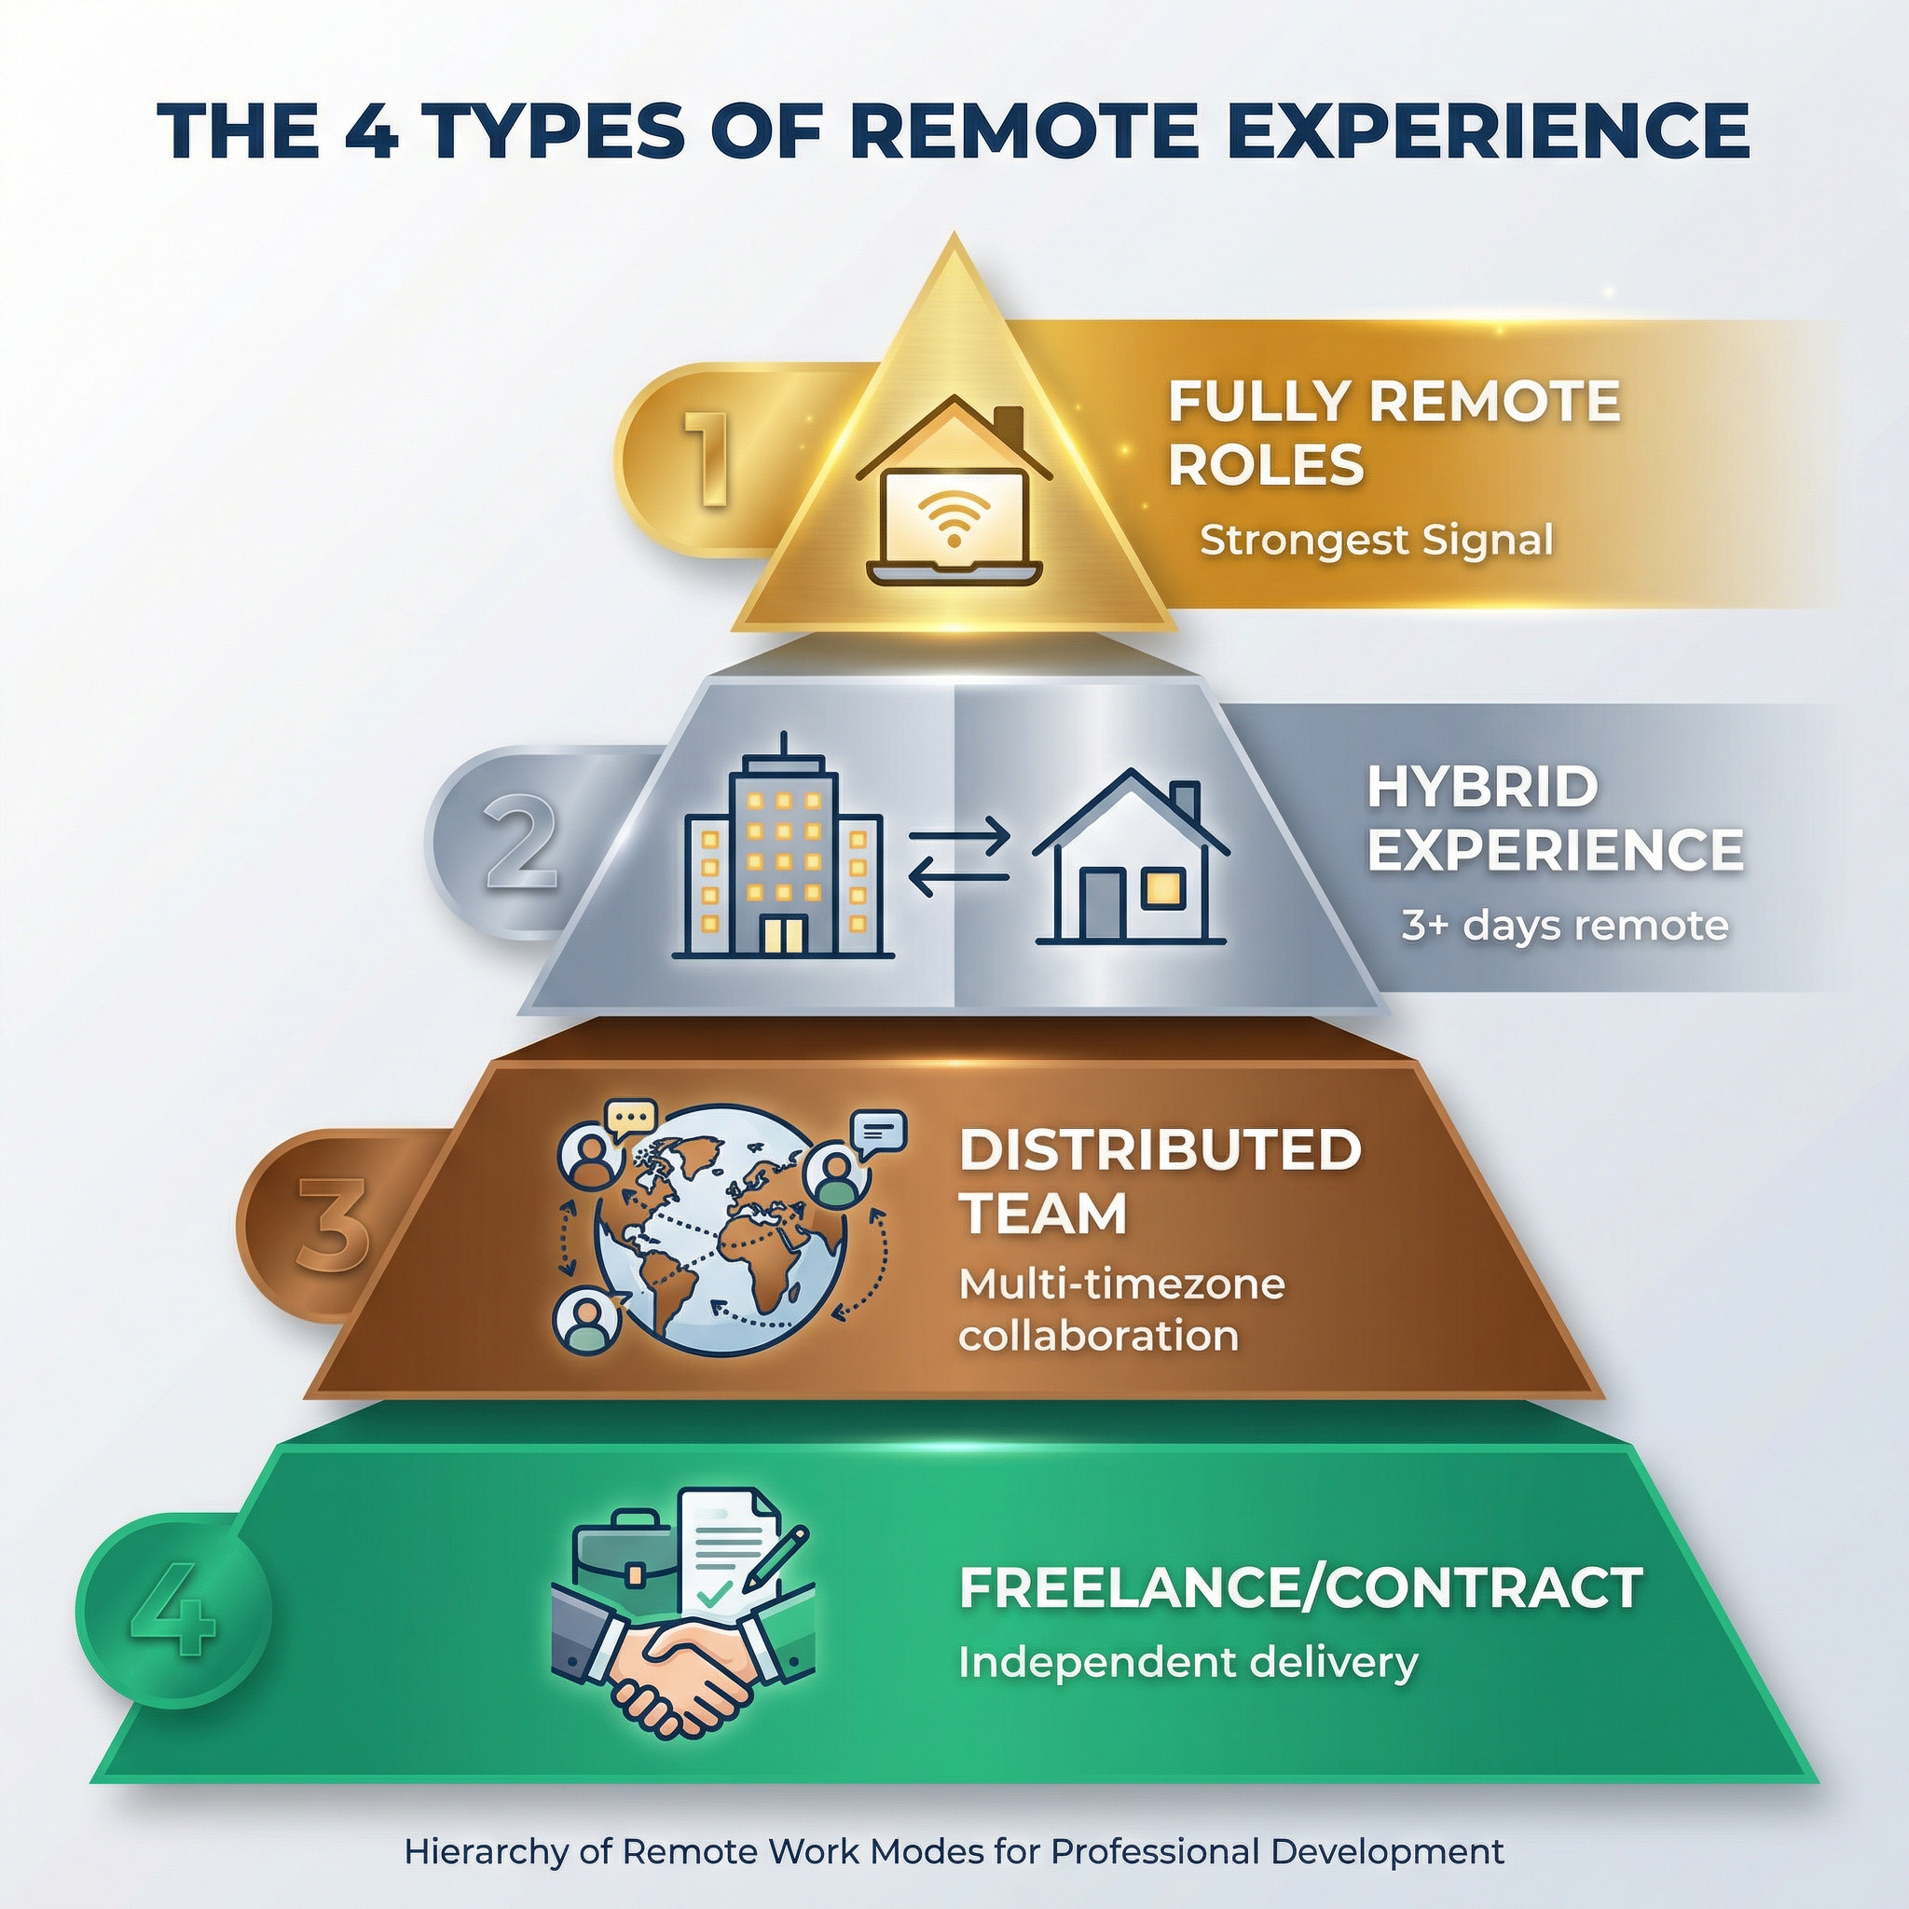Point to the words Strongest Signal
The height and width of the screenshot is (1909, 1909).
(1376, 541)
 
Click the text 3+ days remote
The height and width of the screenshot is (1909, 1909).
(1564, 926)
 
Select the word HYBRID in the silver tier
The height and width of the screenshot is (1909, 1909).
(1482, 788)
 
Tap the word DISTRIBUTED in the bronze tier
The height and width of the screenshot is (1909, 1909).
(1160, 1149)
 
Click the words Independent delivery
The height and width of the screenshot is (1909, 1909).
(1188, 1662)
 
